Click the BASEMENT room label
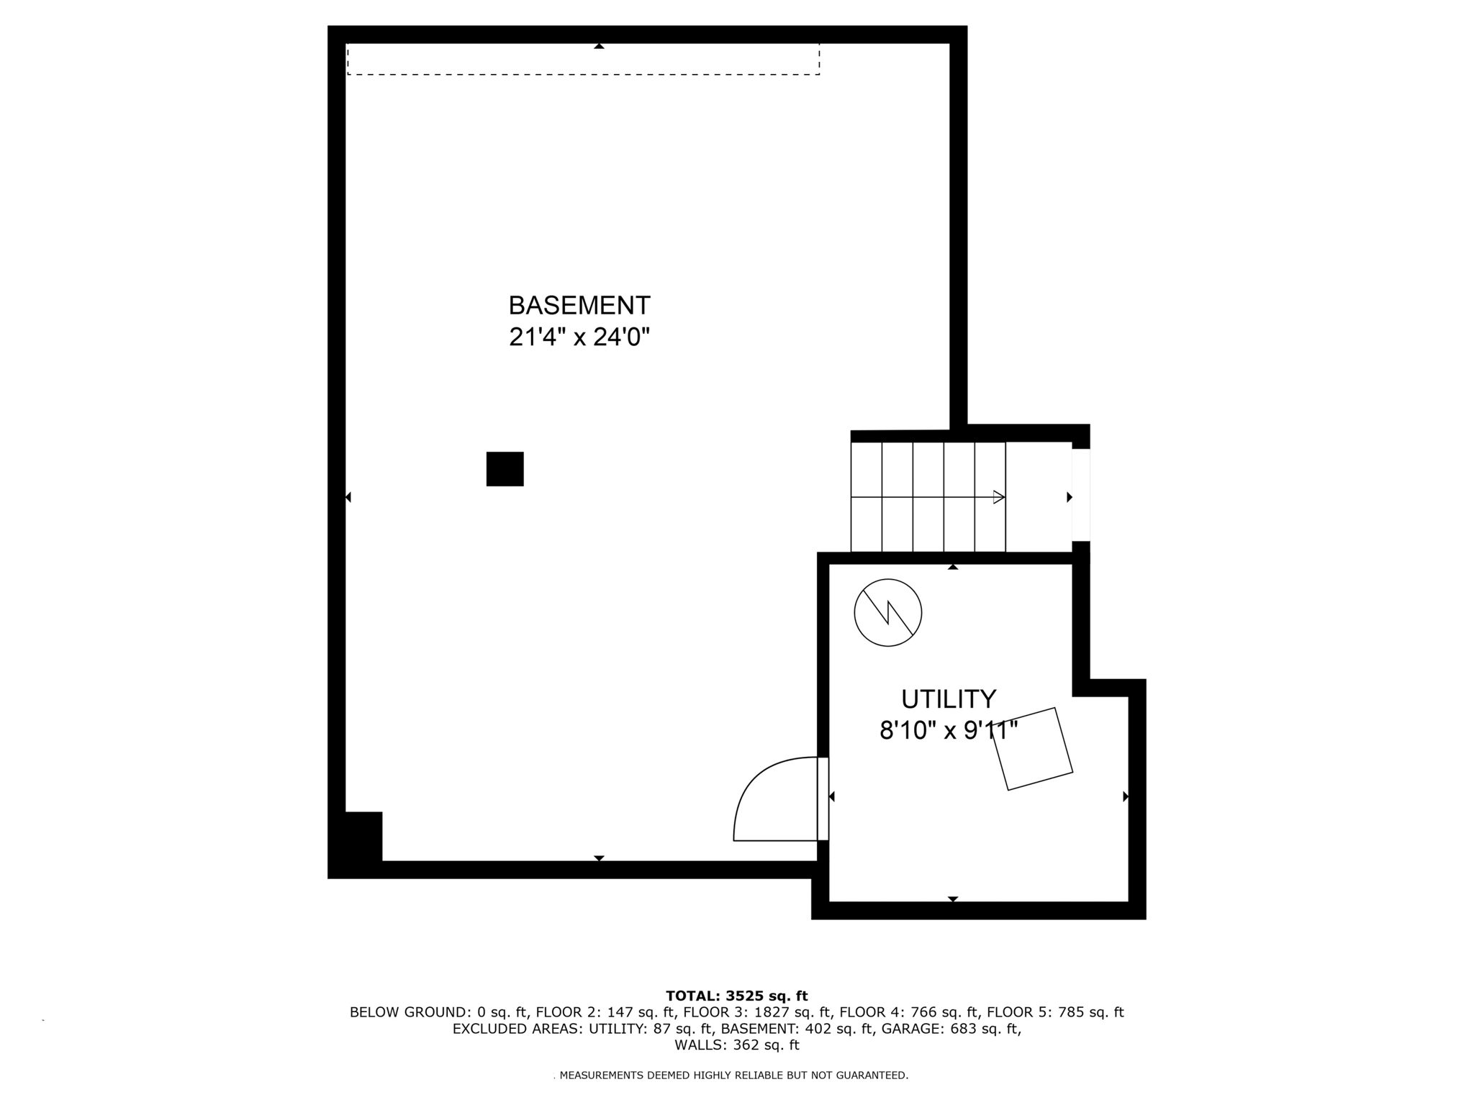click(579, 306)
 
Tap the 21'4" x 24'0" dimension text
click(579, 337)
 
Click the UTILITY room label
click(949, 699)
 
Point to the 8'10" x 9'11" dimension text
click(949, 731)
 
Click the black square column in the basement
click(505, 469)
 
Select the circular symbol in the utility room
click(887, 612)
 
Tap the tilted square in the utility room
click(1033, 749)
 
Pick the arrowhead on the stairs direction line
click(998, 497)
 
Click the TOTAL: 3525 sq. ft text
click(736, 996)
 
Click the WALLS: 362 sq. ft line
click(736, 1045)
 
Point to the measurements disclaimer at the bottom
click(733, 1076)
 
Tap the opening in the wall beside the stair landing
click(1080, 495)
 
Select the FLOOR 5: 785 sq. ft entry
click(1054, 1012)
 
